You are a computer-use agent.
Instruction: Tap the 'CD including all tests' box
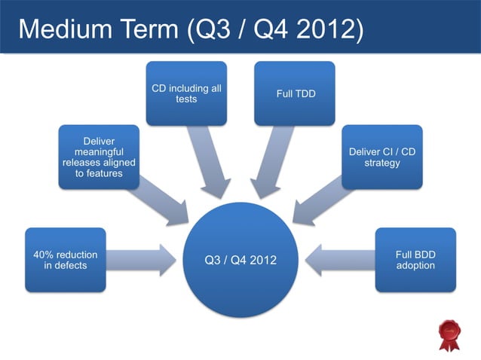tap(186, 93)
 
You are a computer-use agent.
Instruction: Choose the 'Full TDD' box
tap(294, 93)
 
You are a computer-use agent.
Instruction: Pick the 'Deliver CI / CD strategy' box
tap(381, 157)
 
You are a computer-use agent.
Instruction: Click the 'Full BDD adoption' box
tap(415, 260)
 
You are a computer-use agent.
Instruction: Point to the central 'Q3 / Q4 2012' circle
tap(240, 260)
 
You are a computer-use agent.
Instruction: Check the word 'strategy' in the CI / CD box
tap(381, 163)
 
